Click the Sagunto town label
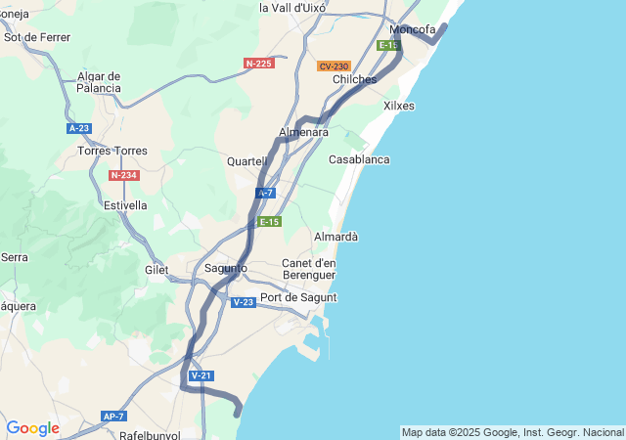click(225, 268)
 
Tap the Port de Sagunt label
click(298, 297)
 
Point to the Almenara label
click(303, 132)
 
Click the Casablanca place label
click(359, 159)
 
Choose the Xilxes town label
click(399, 106)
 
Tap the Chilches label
click(354, 79)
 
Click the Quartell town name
click(246, 161)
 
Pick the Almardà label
click(335, 237)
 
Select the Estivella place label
click(125, 205)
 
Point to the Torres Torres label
click(112, 151)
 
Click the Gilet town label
click(156, 269)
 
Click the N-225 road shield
click(258, 64)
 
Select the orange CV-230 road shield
click(334, 66)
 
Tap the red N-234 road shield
click(123, 175)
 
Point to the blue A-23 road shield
click(79, 128)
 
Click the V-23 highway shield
click(244, 302)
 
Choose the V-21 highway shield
click(201, 375)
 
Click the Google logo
click(32, 428)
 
